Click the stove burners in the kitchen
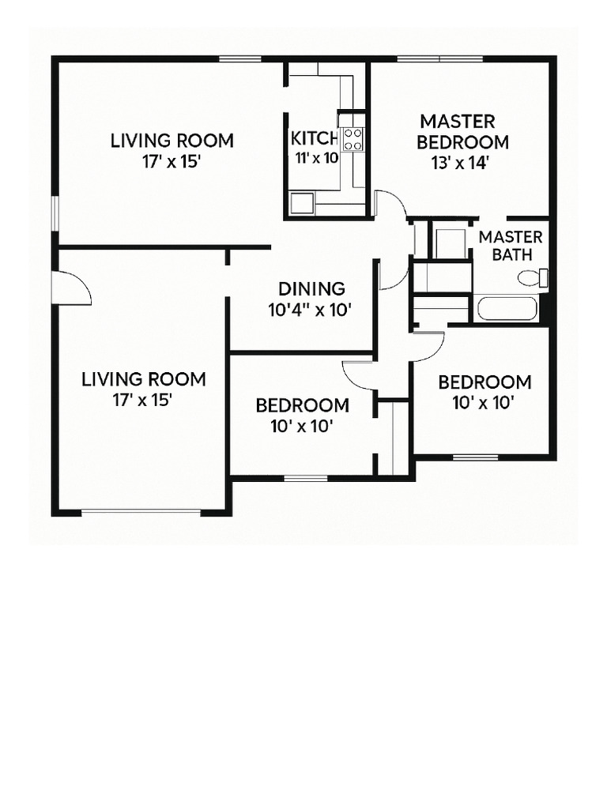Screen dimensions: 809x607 tap(353, 139)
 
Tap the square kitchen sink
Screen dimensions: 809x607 tap(301, 203)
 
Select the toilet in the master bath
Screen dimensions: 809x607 tap(533, 277)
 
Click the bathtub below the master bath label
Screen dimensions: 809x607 tap(507, 308)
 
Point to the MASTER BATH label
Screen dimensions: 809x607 tap(511, 246)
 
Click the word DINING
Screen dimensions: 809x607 tap(311, 289)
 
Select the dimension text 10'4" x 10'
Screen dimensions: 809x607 tap(309, 310)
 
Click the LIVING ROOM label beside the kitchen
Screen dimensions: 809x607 tap(172, 141)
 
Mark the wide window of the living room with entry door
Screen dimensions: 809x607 tap(141, 512)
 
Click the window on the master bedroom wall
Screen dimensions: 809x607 tap(439, 58)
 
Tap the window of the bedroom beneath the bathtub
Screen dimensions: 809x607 tap(475, 457)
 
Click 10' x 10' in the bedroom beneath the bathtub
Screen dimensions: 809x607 tap(484, 403)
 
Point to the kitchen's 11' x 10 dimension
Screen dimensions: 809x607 tap(316, 158)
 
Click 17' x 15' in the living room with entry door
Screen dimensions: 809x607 tap(143, 400)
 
